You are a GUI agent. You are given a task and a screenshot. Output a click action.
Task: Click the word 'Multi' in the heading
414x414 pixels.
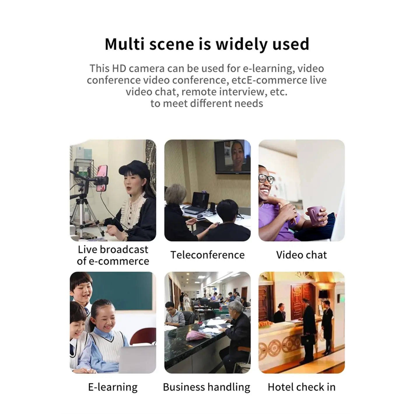point(124,44)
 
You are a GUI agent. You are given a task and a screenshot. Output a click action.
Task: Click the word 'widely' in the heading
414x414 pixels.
point(242,44)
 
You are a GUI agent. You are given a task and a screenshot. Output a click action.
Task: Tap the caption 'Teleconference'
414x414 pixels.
point(207,255)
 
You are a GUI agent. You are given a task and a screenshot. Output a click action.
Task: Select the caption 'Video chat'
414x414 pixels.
point(301,255)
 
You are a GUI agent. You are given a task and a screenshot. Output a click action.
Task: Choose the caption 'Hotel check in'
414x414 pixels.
point(302,387)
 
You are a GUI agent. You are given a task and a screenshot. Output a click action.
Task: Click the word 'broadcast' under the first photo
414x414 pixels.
point(124,249)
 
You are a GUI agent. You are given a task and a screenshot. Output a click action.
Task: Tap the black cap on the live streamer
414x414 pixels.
point(135,168)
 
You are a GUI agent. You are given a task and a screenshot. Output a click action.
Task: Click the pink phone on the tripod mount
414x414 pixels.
point(102,178)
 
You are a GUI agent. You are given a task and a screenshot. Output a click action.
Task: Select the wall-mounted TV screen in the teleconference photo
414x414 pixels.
point(233,157)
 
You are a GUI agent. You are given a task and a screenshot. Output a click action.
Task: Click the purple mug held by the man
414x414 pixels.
point(316,215)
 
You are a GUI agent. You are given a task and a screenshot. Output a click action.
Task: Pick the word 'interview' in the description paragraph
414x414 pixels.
point(243,92)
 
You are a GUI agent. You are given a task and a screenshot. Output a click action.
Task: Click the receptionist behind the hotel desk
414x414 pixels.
point(280,313)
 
